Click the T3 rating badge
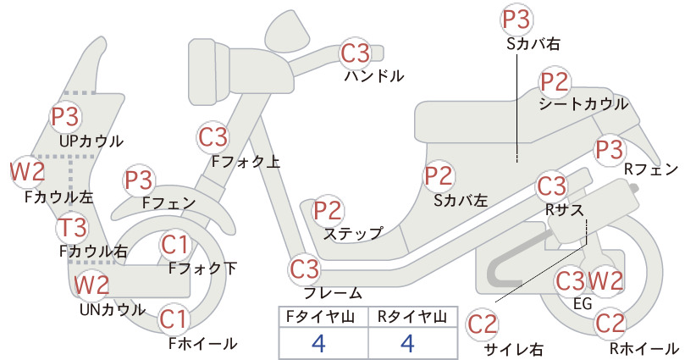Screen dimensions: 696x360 (x=72, y=227)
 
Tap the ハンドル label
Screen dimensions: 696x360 (x=374, y=76)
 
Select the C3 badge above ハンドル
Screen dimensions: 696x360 (x=355, y=53)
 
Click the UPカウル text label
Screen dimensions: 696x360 (x=91, y=141)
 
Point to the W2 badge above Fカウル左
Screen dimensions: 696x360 (x=28, y=171)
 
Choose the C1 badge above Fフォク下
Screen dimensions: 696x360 (x=175, y=245)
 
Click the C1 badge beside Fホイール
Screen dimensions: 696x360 (x=173, y=319)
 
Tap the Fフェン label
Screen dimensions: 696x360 (x=168, y=202)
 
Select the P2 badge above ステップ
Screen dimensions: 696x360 (x=328, y=211)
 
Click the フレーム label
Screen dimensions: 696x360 (x=333, y=293)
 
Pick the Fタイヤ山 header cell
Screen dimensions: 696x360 (x=323, y=317)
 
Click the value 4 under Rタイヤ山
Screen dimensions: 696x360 (x=407, y=343)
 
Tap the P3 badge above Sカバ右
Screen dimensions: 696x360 (x=516, y=19)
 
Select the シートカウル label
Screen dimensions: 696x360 (x=583, y=104)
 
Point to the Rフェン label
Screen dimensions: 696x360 (x=651, y=169)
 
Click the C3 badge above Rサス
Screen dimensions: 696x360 (x=552, y=186)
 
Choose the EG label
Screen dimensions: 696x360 (x=583, y=303)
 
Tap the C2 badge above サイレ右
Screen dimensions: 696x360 (x=483, y=324)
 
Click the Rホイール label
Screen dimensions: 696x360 (x=644, y=348)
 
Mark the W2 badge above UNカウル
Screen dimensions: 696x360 (x=91, y=285)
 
